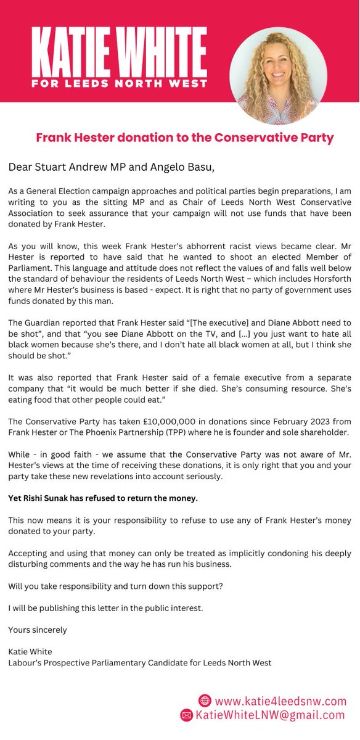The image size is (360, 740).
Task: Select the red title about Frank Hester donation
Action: coord(184,138)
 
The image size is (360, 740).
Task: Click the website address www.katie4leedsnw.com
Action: coord(280,701)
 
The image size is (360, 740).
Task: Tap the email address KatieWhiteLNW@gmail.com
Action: coord(271,715)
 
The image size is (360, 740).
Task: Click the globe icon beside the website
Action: coord(205,701)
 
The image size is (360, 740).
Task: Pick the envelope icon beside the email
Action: coord(186,715)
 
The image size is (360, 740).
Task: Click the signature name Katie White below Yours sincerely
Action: coord(29,651)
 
